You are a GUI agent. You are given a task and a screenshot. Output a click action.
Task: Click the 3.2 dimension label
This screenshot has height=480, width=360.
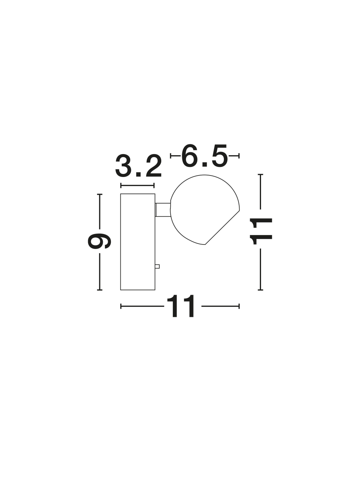click(138, 166)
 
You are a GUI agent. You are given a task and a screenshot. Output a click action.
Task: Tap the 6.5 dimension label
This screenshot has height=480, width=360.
click(204, 156)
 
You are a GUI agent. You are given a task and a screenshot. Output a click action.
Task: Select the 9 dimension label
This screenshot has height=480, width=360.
click(99, 241)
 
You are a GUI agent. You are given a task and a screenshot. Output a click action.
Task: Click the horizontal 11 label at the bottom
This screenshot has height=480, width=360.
click(180, 306)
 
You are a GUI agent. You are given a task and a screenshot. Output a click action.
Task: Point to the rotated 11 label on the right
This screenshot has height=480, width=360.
click(261, 231)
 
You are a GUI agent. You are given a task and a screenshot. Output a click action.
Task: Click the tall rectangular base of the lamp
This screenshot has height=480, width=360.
click(138, 242)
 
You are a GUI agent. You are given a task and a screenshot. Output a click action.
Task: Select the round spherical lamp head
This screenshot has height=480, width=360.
click(205, 210)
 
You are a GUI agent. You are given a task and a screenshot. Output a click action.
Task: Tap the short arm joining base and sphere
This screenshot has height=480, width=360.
click(163, 210)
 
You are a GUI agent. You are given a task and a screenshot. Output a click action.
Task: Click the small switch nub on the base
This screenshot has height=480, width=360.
click(157, 266)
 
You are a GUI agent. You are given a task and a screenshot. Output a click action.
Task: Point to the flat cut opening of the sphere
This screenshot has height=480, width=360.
click(222, 227)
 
